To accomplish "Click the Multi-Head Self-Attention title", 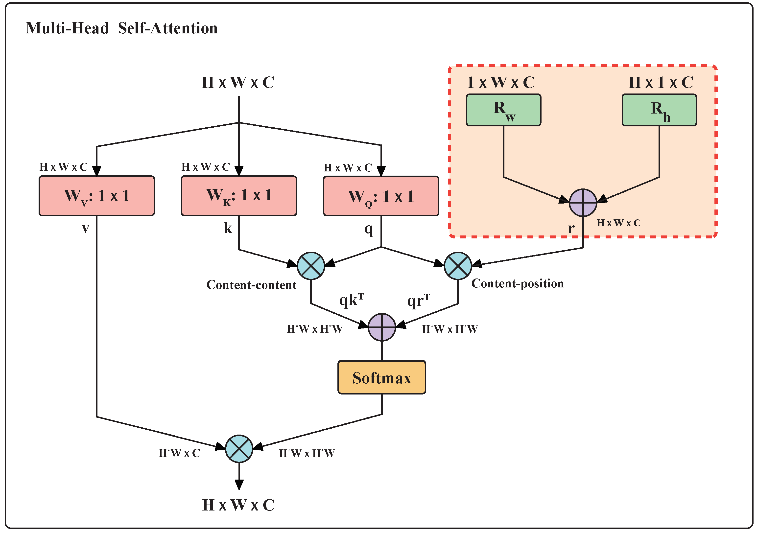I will click(122, 28).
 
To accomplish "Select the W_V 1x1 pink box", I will click(96, 196).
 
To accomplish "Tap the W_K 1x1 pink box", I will click(239, 196).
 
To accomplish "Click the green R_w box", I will click(503, 110).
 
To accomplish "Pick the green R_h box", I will click(659, 110).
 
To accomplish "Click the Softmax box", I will click(382, 377).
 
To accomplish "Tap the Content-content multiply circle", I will click(311, 266).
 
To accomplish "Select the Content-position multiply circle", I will click(458, 266).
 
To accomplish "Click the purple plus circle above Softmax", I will click(382, 327).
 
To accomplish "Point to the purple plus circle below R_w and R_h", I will click(583, 203).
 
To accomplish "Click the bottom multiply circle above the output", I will click(239, 449).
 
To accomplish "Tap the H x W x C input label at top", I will click(238, 82).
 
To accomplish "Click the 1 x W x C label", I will click(500, 82).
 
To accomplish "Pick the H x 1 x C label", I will click(661, 82).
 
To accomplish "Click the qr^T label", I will click(418, 300).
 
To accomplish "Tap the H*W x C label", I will click(179, 453).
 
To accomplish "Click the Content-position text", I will click(518, 283).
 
